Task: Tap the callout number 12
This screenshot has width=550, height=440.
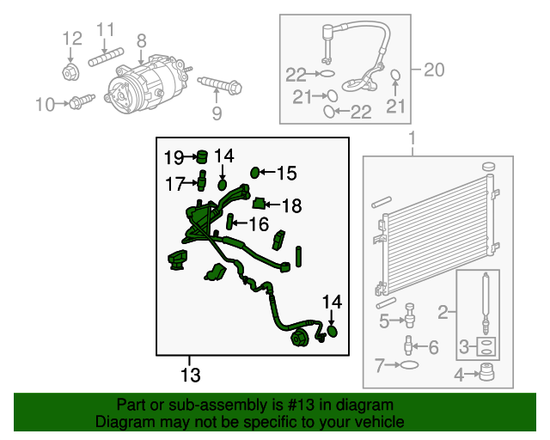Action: tap(72, 38)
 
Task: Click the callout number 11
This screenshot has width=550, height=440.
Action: tap(105, 30)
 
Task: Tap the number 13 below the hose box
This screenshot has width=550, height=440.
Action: tap(190, 375)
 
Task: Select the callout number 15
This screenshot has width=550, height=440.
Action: tap(285, 174)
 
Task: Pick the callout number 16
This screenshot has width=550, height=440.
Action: tap(259, 224)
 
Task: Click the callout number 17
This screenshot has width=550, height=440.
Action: tap(175, 183)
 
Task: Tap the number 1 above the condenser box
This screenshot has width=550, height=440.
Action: tap(411, 138)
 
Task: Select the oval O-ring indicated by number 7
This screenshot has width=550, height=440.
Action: tap(411, 366)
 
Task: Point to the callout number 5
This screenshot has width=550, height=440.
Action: tap(386, 322)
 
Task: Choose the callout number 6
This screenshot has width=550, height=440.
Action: tap(433, 347)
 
